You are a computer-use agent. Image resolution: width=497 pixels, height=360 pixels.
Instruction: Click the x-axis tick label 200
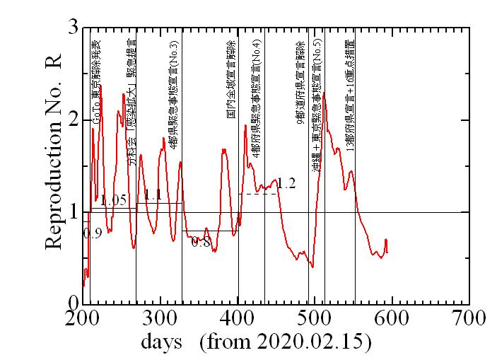[83, 315]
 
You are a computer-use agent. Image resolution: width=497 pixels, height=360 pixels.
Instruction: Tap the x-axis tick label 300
[160, 315]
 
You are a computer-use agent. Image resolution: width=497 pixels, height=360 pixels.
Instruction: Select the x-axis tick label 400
[238, 315]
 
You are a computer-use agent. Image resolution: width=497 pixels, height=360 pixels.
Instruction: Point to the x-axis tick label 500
[315, 315]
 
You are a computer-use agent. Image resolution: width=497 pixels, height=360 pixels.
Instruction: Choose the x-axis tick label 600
[392, 315]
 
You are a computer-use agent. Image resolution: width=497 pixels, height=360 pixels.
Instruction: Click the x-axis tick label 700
[469, 315]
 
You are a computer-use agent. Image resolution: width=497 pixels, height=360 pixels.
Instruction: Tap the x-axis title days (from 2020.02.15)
[257, 342]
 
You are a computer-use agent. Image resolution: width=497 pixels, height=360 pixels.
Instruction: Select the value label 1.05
[113, 201]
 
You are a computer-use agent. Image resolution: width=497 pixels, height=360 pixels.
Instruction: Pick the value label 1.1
[153, 195]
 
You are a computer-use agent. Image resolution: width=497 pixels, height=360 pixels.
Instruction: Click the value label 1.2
[286, 184]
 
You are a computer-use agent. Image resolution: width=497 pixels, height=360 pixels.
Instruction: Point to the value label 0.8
[201, 243]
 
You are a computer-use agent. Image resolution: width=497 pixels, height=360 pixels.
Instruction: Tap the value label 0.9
[93, 232]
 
